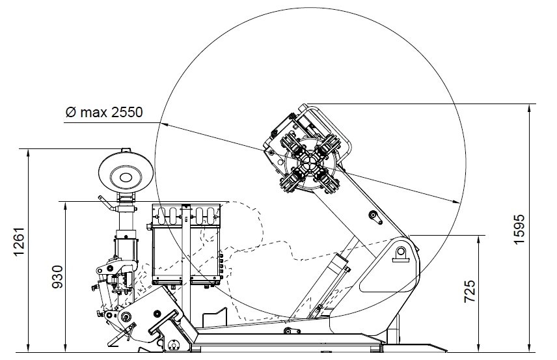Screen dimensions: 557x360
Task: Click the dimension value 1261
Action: [x=18, y=241]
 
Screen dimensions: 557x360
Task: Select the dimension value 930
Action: [x=57, y=277]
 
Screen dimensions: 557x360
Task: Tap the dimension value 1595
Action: [x=519, y=229]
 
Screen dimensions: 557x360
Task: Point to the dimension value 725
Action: [x=470, y=292]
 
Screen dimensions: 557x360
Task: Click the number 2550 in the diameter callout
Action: [x=126, y=113]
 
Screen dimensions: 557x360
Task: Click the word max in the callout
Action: [x=94, y=113]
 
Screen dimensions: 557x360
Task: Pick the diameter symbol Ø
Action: [x=71, y=113]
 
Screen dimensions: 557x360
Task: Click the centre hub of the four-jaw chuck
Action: [x=306, y=164]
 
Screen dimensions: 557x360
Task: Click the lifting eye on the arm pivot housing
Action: [x=401, y=253]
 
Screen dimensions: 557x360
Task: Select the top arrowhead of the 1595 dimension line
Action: [x=530, y=108]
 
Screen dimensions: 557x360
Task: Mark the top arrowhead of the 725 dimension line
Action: [x=479, y=240]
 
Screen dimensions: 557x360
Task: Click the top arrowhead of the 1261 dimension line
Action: [x=28, y=153]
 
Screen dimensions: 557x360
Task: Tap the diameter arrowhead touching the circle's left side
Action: [x=165, y=124]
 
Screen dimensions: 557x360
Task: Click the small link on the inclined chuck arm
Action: [x=375, y=217]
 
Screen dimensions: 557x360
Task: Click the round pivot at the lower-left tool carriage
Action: [x=126, y=316]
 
